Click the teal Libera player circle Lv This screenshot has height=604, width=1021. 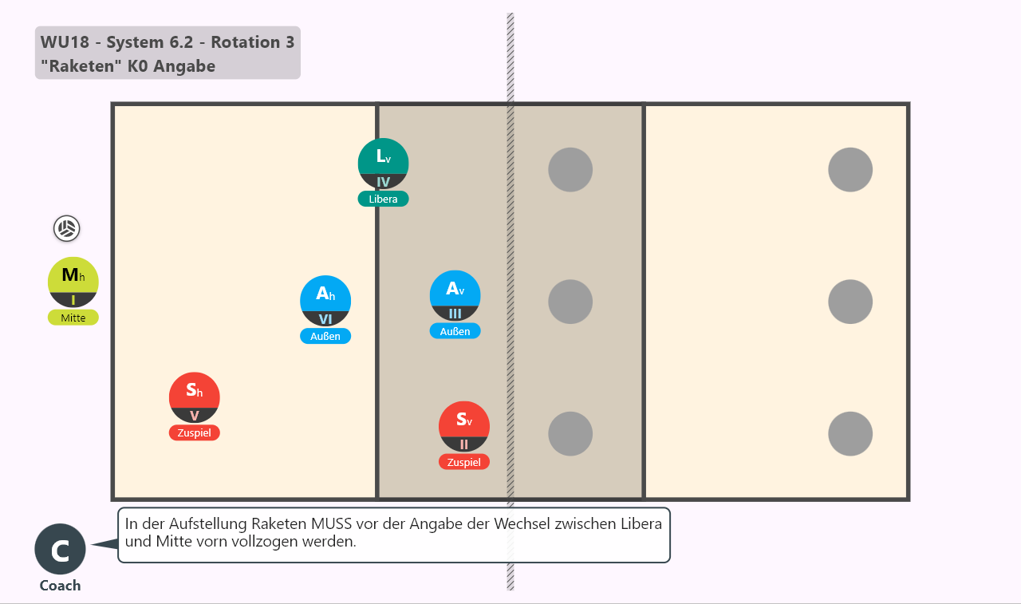(383, 164)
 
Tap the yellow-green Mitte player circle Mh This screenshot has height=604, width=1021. (73, 282)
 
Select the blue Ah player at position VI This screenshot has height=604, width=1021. (325, 301)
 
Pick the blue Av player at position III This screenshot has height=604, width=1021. (455, 295)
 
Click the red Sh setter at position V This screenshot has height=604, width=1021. (194, 397)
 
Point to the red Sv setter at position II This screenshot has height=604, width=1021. (464, 426)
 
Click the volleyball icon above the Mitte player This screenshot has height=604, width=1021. (66, 228)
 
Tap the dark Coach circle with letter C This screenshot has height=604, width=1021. (60, 549)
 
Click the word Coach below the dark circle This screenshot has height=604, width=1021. (60, 586)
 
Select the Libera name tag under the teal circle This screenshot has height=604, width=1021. (383, 199)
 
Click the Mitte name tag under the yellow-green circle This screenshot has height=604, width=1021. (73, 318)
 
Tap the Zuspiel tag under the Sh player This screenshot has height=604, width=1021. (194, 432)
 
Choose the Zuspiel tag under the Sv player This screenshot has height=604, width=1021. (464, 462)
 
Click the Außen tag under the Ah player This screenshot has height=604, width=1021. (325, 336)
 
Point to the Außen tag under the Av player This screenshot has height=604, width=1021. (455, 331)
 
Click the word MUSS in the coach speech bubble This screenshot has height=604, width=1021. (331, 523)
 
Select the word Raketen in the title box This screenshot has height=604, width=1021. (82, 66)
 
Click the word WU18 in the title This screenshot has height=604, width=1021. (65, 42)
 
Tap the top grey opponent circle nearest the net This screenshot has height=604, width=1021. (570, 170)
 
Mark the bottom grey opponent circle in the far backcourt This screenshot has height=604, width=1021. (850, 433)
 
